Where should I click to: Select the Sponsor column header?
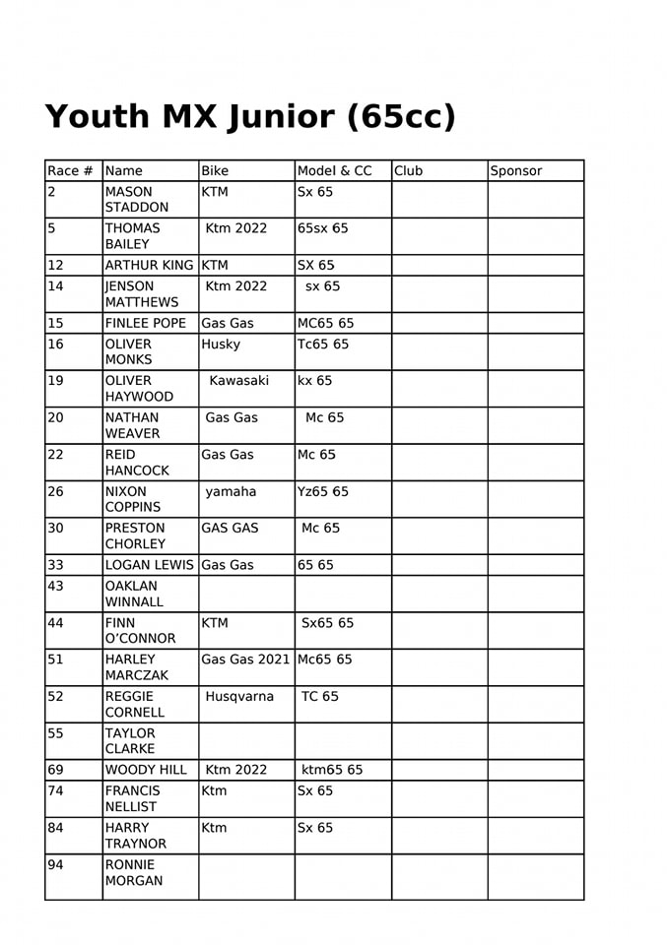click(516, 171)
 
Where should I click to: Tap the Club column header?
click(408, 171)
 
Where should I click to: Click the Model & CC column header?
click(335, 171)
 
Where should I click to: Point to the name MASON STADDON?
click(136, 200)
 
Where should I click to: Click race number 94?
click(56, 864)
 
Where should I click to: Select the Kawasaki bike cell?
click(238, 381)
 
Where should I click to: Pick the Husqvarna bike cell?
click(239, 697)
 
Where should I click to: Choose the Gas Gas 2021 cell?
click(246, 660)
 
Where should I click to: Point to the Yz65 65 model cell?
click(323, 492)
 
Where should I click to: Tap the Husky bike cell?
click(221, 345)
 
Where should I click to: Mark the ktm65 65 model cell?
click(333, 770)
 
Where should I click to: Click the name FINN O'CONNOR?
click(140, 630)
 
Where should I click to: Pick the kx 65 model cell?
click(315, 381)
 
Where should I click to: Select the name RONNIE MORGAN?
click(134, 872)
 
